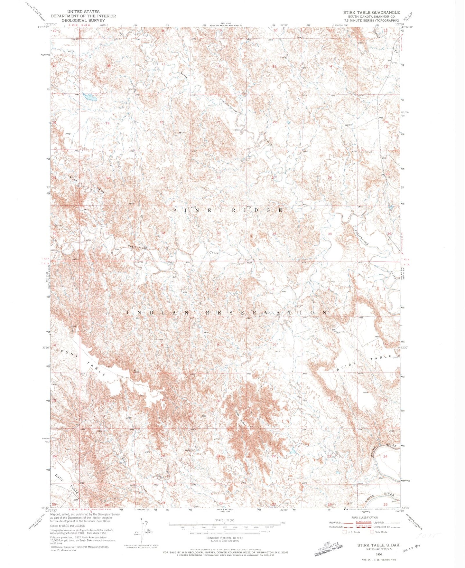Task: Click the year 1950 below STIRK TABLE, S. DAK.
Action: click(x=378, y=554)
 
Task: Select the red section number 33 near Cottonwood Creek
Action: click(x=219, y=233)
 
